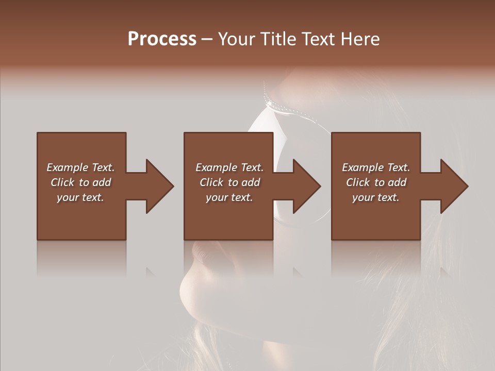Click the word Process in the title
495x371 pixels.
tap(162, 39)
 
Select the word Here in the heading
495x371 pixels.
tap(359, 39)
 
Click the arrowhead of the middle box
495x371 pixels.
tap(306, 186)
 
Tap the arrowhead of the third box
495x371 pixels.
tap(454, 186)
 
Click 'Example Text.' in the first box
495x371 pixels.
tap(80, 167)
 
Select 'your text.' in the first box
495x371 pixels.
tap(80, 197)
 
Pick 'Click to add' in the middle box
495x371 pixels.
tap(229, 182)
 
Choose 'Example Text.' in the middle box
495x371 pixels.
tap(229, 167)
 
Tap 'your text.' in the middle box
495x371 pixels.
tap(229, 197)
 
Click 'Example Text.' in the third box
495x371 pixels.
tap(376, 167)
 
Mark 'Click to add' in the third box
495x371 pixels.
tap(376, 182)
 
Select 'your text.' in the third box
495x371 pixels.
tap(376, 197)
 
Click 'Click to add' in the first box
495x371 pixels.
tap(80, 182)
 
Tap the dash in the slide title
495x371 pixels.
tap(207, 39)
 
